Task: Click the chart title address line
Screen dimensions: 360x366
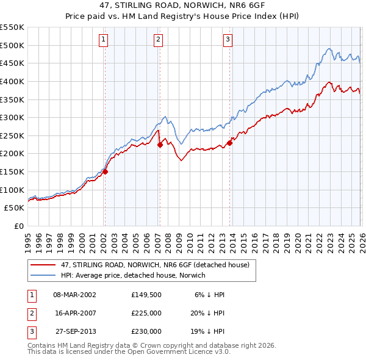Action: [x=183, y=6]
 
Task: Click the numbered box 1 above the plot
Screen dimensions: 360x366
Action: [x=104, y=40]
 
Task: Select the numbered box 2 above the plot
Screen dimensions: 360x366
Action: [x=158, y=40]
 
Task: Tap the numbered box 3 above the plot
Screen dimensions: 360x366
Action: [x=228, y=40]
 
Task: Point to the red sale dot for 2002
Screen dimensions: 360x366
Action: [x=105, y=171]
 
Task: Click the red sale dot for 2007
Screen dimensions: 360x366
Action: [x=160, y=145]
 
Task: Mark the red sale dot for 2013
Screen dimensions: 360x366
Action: [x=230, y=143]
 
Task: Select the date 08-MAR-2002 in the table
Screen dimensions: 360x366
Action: [x=75, y=295]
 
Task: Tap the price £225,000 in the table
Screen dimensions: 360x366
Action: [x=146, y=313]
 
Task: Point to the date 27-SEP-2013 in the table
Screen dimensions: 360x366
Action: [x=75, y=331]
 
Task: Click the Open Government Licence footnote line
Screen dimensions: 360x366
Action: [x=129, y=352]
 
